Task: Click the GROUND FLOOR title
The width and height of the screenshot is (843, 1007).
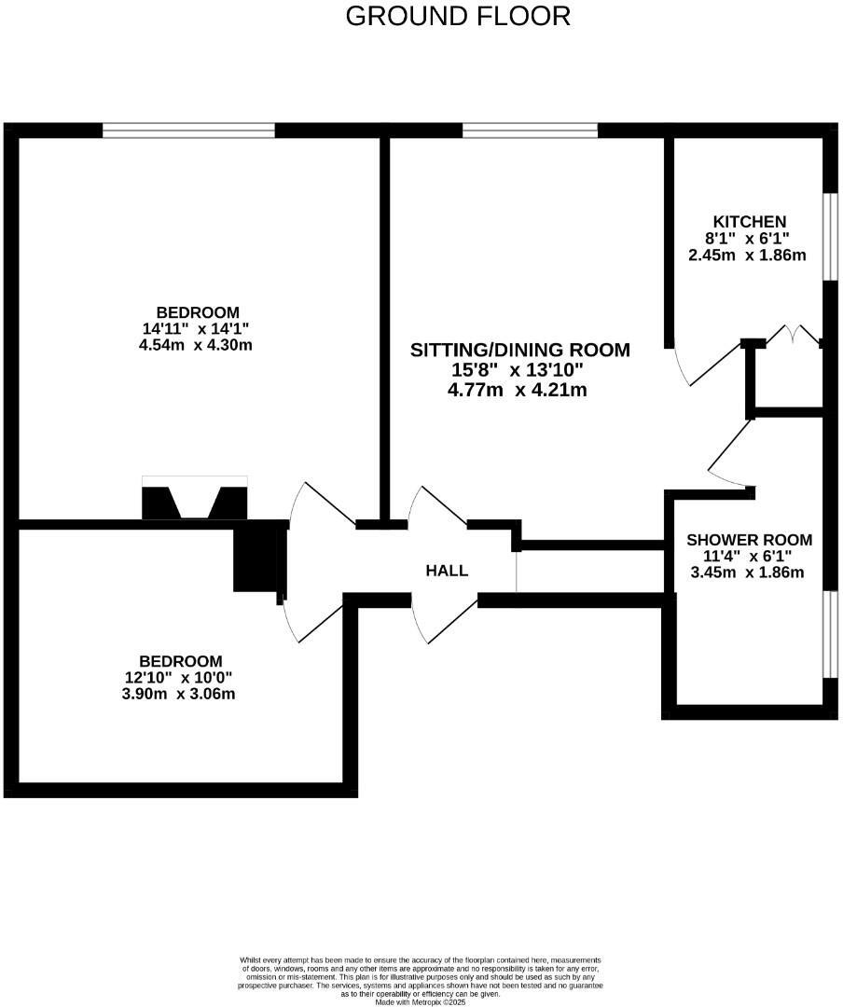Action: click(458, 16)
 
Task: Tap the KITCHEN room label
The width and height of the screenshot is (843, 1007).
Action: click(750, 221)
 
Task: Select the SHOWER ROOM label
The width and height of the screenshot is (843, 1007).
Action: click(749, 540)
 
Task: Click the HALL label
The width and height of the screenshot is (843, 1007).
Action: click(447, 571)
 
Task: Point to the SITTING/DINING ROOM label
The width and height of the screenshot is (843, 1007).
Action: click(520, 351)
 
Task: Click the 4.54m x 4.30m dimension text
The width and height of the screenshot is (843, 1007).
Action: click(195, 344)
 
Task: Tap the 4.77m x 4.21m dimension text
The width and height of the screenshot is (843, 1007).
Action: click(518, 390)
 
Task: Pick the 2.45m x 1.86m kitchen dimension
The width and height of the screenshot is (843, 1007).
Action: click(747, 255)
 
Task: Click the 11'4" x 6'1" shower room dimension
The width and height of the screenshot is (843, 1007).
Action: click(747, 557)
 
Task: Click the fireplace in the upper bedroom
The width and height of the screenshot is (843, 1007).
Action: click(195, 500)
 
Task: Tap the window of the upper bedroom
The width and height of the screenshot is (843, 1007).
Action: click(188, 131)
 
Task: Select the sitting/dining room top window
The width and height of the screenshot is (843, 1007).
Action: click(530, 131)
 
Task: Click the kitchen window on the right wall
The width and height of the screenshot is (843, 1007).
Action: click(827, 237)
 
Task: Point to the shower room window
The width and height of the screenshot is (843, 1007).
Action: click(827, 634)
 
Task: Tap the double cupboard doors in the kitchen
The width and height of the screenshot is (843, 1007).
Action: click(792, 336)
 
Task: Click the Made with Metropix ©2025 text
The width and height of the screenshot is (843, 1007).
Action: click(420, 1001)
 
